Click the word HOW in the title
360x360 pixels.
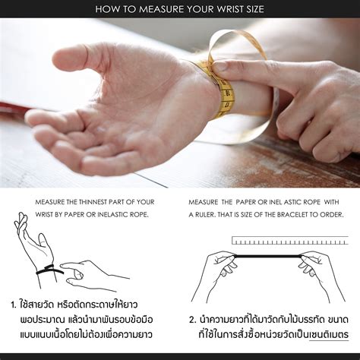tap(106, 10)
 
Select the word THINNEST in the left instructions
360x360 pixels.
tap(95, 202)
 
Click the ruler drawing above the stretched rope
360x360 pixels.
tap(289, 241)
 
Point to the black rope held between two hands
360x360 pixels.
tap(262, 259)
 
